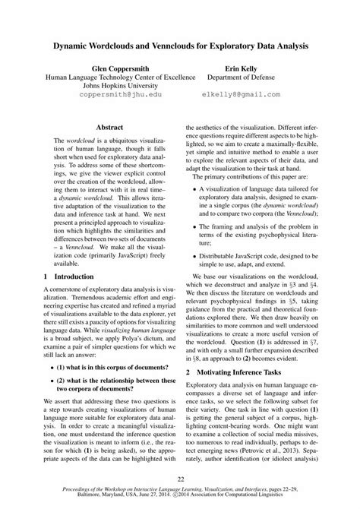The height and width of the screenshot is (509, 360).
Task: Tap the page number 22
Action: coord(180,479)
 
